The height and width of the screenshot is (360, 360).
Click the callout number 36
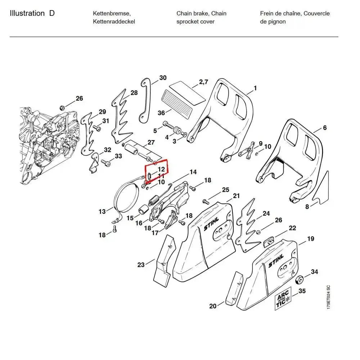click(161, 113)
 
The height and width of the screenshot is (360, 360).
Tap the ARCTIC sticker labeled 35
click(283, 300)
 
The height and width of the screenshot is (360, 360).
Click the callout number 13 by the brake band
click(102, 211)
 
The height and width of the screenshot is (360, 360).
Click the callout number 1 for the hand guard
click(255, 88)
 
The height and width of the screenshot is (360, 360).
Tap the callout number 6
click(325, 128)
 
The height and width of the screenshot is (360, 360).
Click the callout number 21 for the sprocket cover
click(236, 196)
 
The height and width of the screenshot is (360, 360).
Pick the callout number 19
click(310, 239)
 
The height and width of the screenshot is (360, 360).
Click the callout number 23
click(141, 265)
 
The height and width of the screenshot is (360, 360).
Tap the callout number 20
click(213, 306)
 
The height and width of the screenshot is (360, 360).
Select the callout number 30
click(163, 78)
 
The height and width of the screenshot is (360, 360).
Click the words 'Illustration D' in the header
click(32, 14)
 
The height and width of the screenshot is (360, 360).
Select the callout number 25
click(225, 190)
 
